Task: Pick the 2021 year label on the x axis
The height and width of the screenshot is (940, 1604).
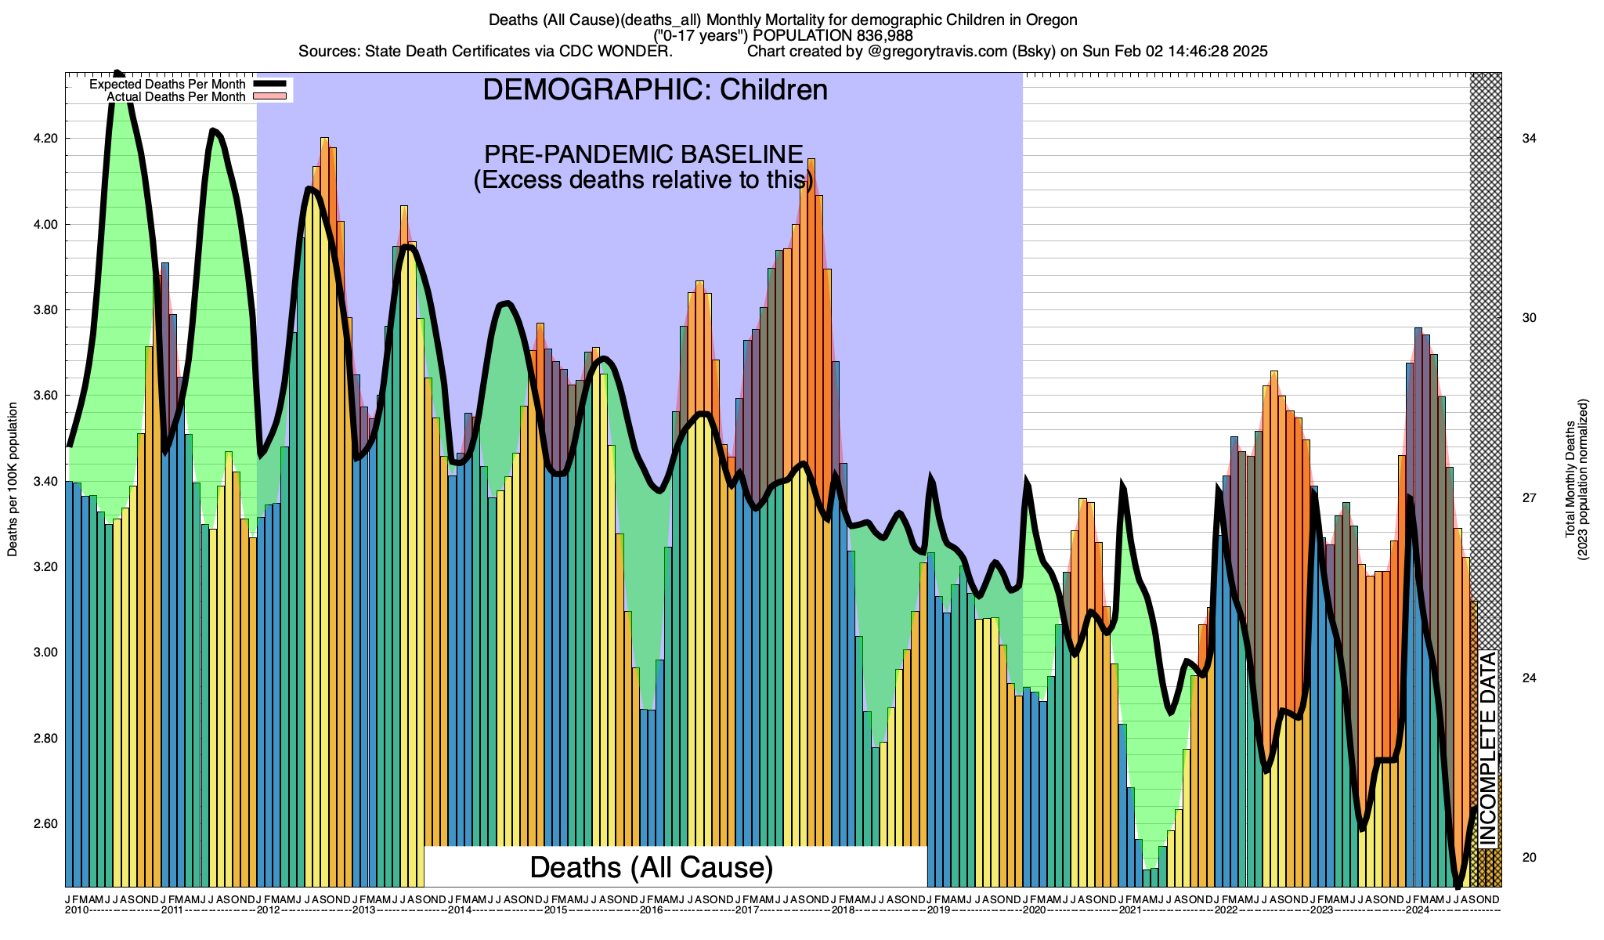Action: (1130, 910)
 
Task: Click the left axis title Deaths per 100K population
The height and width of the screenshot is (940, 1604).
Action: (13, 479)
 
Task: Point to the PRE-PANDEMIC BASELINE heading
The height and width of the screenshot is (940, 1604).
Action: (644, 154)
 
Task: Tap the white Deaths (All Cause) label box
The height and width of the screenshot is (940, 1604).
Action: (652, 867)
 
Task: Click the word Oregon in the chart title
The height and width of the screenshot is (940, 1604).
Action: (1053, 20)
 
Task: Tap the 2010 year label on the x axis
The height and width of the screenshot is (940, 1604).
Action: (77, 910)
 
